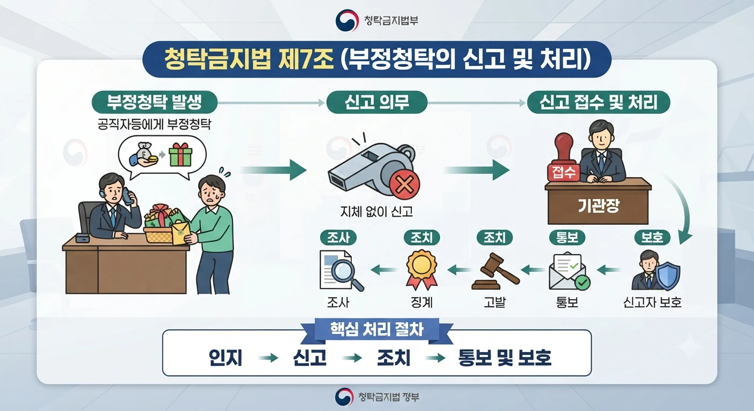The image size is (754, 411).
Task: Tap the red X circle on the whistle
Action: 404,185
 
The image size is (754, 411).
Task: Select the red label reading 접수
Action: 563,172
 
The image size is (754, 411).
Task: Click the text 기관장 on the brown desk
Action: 598,205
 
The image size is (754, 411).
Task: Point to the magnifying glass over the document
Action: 346,275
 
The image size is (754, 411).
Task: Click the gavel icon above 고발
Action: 495,271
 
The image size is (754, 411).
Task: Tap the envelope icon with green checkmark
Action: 569,271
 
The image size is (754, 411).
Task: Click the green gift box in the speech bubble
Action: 180,154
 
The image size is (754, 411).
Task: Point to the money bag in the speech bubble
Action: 145,151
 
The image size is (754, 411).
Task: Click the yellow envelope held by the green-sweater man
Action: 181,233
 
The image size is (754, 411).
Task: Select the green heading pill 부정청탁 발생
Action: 155,102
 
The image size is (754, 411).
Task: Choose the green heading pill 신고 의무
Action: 376,102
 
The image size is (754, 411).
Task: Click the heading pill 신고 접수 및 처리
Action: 598,102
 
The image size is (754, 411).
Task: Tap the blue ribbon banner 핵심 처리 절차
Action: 376,330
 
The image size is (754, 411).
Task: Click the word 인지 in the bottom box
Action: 225,357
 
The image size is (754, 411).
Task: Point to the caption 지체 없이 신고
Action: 376,211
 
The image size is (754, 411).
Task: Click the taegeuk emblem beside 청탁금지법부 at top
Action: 346,20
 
